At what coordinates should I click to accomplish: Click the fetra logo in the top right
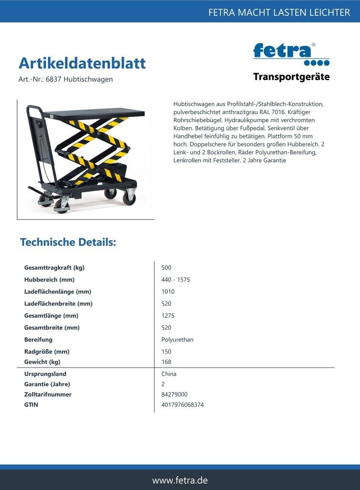291,54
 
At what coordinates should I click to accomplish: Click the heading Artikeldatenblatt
82,63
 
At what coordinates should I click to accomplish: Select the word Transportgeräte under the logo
291,77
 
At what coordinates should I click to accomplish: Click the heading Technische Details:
68,242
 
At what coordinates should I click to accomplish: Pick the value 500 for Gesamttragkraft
166,267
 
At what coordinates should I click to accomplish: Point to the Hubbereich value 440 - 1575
176,279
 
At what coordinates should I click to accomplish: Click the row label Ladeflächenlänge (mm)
57,291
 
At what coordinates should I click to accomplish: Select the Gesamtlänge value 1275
168,316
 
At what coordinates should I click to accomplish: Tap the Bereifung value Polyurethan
177,340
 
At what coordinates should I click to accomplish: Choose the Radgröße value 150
166,352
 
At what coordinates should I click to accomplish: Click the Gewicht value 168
166,362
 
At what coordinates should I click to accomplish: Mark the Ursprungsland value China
169,374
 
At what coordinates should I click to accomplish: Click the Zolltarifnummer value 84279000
174,394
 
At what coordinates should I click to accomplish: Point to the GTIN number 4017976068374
182,405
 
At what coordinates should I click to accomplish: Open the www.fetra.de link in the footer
180,480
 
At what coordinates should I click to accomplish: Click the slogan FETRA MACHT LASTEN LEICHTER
279,12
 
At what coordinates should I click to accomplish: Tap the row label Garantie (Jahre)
47,384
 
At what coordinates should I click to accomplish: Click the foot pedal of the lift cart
35,189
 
